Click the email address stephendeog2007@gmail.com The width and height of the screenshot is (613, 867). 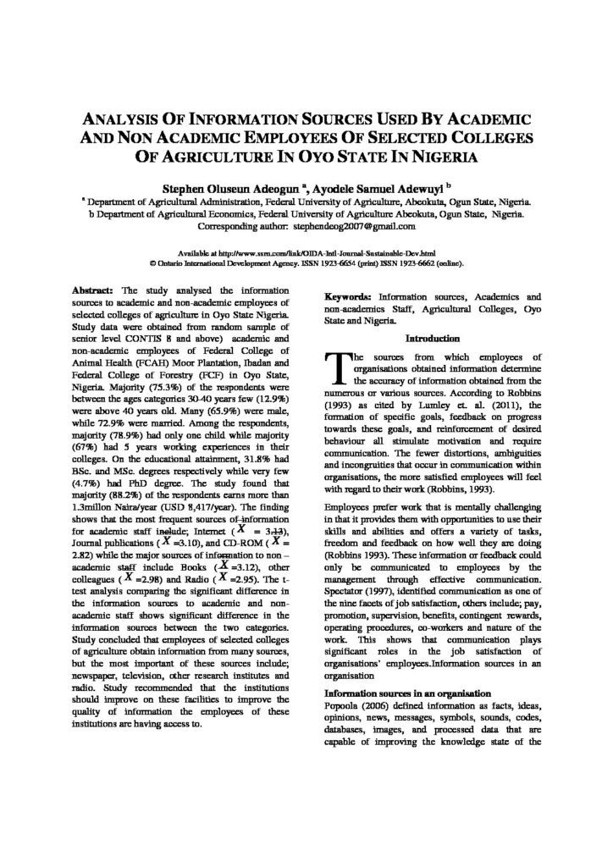[x=354, y=227]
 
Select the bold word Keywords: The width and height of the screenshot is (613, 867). [x=348, y=299]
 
